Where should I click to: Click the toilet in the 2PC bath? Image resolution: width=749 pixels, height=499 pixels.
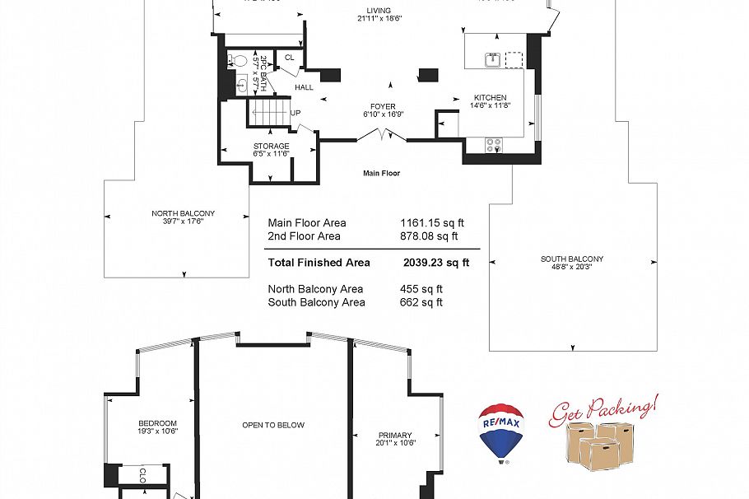[x=238, y=60]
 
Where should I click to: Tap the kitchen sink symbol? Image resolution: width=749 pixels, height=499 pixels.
[x=491, y=59]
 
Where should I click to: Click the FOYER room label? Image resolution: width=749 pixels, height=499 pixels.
[x=383, y=106]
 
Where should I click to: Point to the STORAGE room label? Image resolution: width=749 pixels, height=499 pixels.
[x=271, y=146]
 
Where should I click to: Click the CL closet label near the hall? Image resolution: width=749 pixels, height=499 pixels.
[x=289, y=58]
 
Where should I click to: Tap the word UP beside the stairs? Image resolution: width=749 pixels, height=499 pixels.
[x=295, y=113]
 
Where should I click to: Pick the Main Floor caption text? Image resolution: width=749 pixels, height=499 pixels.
[x=381, y=174]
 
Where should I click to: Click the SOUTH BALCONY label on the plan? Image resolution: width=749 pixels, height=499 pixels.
[x=572, y=259]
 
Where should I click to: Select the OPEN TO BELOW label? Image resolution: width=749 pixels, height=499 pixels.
[x=273, y=425]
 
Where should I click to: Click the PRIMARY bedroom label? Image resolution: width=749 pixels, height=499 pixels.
[x=395, y=435]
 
